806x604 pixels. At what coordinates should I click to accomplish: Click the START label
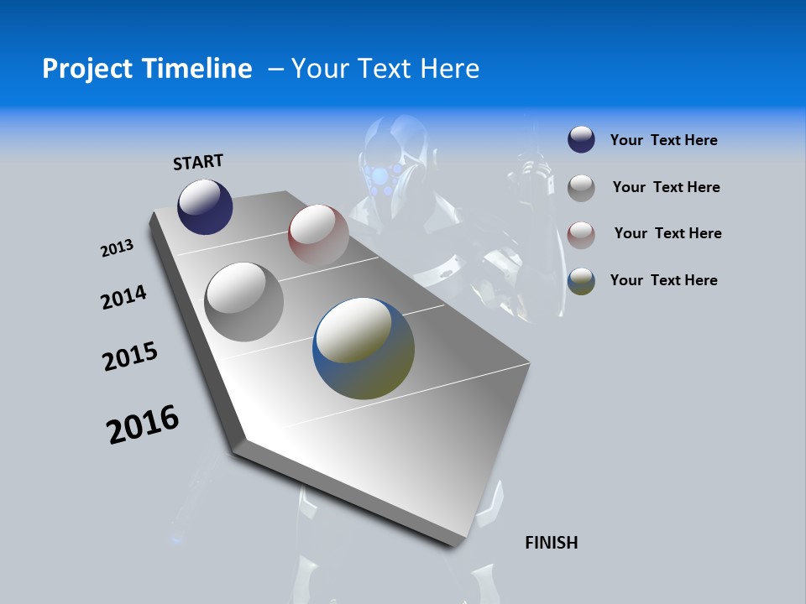coord(198,162)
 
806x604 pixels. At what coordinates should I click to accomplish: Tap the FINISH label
coord(552,543)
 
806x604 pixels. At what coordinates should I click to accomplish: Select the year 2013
coord(117,248)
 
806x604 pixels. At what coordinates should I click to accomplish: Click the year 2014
coord(123,297)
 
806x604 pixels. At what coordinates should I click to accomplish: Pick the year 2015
coord(130,357)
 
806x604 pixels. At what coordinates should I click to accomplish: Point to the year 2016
coord(143,424)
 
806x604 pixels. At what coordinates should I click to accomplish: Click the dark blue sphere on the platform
coord(205,206)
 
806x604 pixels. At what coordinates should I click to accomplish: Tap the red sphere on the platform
coord(318,234)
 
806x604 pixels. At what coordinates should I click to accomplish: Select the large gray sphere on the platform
coord(243,301)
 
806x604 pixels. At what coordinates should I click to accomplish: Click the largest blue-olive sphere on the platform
coord(364,347)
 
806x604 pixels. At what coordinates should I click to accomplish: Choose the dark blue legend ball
coord(581,140)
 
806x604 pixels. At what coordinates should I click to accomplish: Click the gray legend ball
coord(581,188)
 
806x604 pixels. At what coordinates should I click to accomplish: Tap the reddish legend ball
coord(581,235)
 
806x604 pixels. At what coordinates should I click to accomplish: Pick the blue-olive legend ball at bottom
coord(581,281)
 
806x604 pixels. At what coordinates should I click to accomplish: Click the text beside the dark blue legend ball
coord(663,140)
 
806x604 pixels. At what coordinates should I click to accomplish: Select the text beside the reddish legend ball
coord(667,233)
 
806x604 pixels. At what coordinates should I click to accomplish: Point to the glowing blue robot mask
coord(383,177)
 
